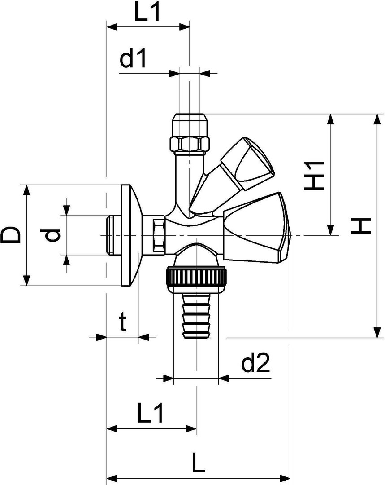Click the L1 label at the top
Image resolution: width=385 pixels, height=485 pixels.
(147, 13)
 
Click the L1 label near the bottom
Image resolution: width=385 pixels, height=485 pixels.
(150, 414)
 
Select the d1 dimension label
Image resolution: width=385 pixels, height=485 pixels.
(133, 59)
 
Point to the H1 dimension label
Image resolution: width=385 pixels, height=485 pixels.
(314, 176)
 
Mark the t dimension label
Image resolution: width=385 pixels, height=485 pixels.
(123, 322)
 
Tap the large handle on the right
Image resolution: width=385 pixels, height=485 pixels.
(257, 228)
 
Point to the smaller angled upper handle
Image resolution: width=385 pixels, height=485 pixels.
(232, 175)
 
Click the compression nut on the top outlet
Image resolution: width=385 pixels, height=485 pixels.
(190, 133)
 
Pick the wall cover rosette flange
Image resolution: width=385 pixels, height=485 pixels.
(131, 235)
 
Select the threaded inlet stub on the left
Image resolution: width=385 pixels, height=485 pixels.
(114, 235)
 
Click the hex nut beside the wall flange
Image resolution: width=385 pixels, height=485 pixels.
(158, 235)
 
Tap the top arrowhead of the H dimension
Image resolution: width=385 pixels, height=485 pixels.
(376, 119)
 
